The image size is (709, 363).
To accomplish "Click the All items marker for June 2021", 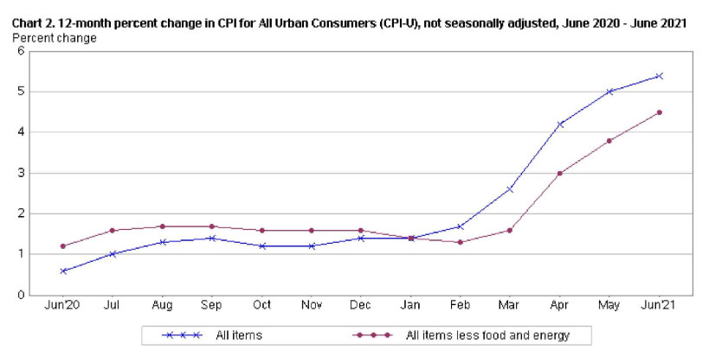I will [659, 76].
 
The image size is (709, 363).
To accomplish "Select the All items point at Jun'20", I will [63, 271].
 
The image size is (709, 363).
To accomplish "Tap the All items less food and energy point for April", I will [560, 173].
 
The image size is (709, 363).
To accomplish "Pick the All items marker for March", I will [510, 188].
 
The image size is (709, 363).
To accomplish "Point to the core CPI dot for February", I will [461, 242].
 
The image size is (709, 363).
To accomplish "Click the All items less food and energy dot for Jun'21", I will [659, 112].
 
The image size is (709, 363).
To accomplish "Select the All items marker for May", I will [609, 92].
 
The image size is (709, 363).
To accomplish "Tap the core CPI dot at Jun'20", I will [63, 246].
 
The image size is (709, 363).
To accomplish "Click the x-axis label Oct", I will [261, 305].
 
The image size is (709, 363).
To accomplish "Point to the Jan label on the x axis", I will [410, 305].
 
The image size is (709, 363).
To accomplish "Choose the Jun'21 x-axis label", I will [659, 305].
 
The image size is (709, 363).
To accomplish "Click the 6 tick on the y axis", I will [20, 51].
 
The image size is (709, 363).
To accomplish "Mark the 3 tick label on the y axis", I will [20, 173].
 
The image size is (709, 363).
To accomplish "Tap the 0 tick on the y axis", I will [20, 295].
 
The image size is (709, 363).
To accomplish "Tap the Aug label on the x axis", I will [162, 305].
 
